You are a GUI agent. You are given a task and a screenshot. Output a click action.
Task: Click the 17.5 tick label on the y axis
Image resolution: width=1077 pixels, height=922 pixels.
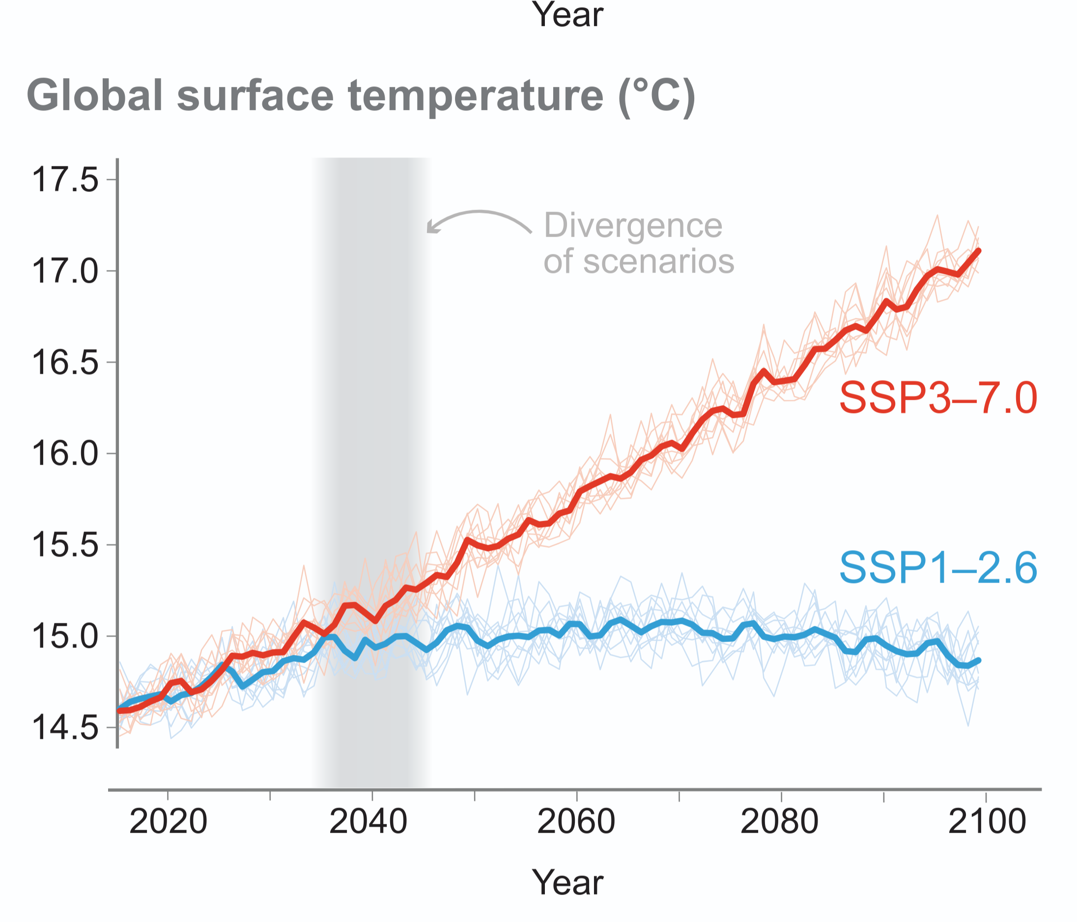click(65, 180)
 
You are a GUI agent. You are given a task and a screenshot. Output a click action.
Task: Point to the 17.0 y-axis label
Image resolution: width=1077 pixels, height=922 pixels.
click(65, 271)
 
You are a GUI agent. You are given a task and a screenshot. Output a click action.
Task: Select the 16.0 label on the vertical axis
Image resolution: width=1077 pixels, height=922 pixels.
click(65, 454)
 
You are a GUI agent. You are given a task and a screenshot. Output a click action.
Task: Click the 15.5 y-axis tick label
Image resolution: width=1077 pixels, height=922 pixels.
click(65, 545)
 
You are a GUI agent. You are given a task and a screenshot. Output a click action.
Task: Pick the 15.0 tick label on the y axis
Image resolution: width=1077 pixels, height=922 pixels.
click(65, 637)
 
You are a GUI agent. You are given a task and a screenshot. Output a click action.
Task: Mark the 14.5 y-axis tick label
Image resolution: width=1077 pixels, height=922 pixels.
click(65, 727)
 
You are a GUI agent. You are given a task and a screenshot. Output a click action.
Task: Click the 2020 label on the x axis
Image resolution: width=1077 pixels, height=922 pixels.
click(168, 822)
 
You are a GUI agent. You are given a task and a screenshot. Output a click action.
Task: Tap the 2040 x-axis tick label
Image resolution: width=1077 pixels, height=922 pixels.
click(368, 822)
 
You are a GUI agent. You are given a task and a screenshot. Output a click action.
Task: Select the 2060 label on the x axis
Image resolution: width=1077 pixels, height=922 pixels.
click(576, 822)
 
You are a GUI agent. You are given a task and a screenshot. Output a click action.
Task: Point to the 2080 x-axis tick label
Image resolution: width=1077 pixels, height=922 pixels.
click(779, 822)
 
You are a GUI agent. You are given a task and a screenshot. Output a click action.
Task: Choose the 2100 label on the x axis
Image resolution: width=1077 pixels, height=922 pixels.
click(987, 822)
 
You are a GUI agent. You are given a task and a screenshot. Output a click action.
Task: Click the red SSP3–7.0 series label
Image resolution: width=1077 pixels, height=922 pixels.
click(938, 398)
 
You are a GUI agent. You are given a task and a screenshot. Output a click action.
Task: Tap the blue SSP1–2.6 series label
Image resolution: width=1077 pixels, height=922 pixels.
click(938, 567)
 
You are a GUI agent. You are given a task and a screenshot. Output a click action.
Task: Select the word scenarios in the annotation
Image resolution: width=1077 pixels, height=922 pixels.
click(658, 261)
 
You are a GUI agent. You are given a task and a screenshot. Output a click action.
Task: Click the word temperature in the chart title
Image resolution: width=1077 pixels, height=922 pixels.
click(476, 96)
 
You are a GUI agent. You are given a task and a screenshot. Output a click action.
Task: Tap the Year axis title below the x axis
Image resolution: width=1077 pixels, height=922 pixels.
click(567, 883)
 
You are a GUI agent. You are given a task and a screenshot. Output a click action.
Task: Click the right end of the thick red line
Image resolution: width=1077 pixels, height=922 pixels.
click(979, 251)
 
